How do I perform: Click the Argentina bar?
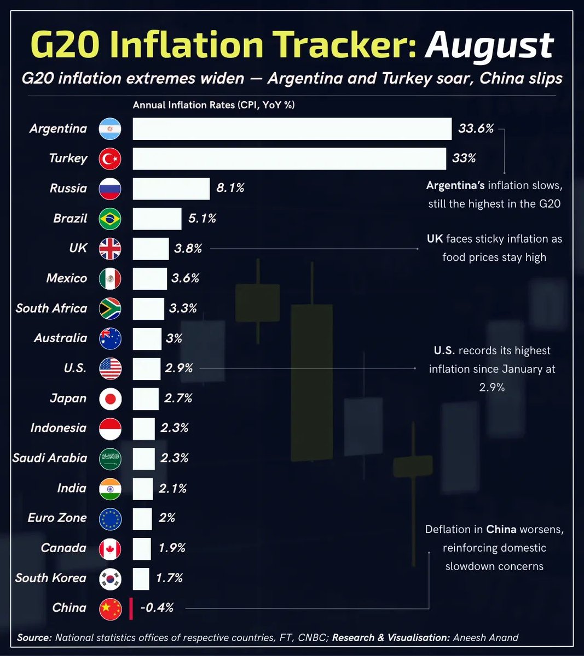tap(292, 129)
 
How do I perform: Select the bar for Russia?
tap(171, 189)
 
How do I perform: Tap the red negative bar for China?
tap(131, 608)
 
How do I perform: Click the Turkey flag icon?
tap(110, 159)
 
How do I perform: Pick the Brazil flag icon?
tap(110, 219)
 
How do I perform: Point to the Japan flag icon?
tap(110, 399)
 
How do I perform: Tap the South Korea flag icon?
tap(110, 579)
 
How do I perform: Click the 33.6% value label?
tap(476, 129)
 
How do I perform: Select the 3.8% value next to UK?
tap(188, 249)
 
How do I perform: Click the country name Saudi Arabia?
tap(50, 458)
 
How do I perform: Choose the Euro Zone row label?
tap(57, 518)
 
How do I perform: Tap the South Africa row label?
tap(51, 308)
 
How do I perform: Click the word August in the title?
tap(489, 46)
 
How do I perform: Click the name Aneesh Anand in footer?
tap(485, 637)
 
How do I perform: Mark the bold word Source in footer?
tap(34, 637)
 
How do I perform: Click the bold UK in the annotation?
tap(435, 239)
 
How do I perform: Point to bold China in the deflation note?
tap(501, 529)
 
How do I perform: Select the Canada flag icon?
tap(110, 549)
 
